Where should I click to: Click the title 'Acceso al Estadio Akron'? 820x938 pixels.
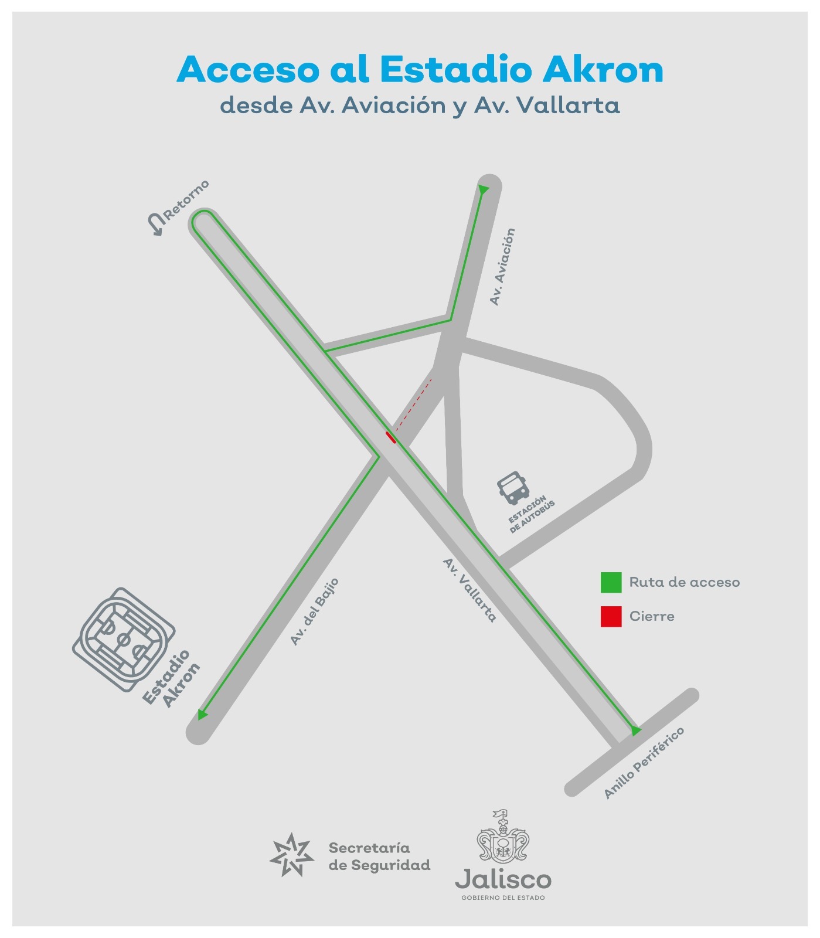420,70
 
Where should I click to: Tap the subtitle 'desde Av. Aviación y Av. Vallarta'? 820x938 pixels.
420,106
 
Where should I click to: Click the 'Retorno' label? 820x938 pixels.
186,200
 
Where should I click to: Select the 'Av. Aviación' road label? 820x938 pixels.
502,267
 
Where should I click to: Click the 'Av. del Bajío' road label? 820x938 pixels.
315,611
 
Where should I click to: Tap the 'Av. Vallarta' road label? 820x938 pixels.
469,590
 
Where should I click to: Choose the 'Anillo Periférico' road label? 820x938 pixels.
644,763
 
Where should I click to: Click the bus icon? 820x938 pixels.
513,488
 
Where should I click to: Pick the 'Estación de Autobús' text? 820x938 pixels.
531,514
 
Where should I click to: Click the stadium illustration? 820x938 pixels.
123,639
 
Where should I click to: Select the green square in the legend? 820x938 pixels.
611,582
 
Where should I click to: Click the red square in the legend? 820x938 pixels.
611,616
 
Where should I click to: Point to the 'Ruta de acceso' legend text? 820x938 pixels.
684,582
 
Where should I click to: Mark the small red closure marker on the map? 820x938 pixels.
391,437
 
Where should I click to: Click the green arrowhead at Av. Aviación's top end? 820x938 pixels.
483,190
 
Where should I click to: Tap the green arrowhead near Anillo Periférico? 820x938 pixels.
635,730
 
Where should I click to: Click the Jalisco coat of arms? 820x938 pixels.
503,838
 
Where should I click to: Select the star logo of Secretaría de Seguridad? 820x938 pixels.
292,855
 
